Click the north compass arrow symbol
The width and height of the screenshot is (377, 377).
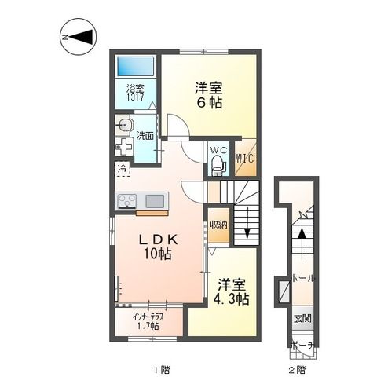[x=79, y=36]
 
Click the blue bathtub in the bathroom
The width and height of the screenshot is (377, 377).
[x=134, y=65]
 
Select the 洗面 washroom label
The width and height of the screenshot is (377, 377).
[x=145, y=135]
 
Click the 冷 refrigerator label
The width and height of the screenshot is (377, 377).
[x=123, y=167]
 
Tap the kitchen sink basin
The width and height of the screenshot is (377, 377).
[x=155, y=200]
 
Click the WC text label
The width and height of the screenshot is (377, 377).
[x=218, y=149]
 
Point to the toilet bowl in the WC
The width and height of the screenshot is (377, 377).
[x=218, y=166]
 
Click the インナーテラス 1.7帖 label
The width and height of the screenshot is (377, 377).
[x=147, y=320]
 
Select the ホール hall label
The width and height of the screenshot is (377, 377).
[x=302, y=278]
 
